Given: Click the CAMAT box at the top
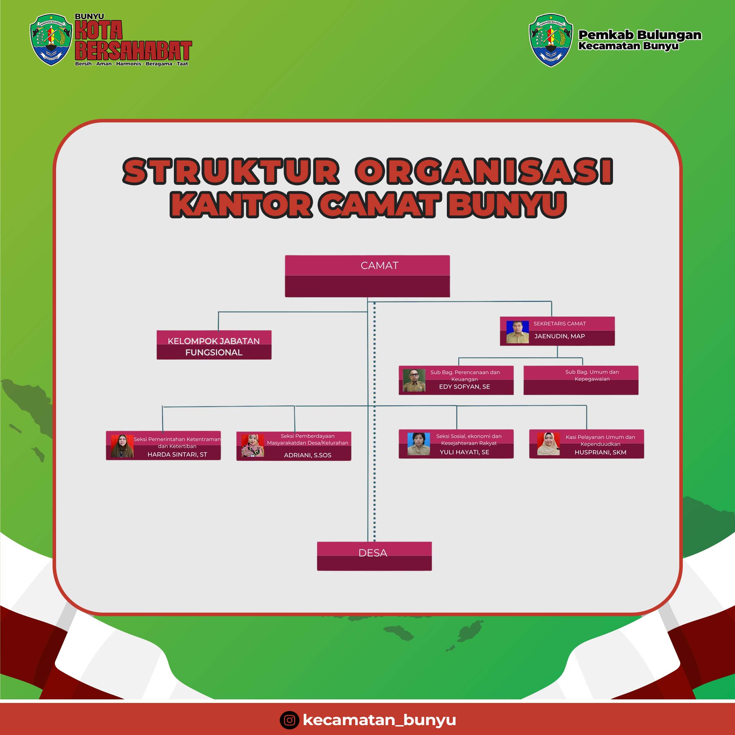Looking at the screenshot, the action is click(x=367, y=276).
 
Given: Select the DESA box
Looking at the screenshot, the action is click(x=374, y=556).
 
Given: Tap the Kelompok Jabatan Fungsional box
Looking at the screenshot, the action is click(x=214, y=345).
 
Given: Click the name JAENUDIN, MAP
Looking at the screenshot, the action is click(x=559, y=336).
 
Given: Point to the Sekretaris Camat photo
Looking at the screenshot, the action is click(x=517, y=332).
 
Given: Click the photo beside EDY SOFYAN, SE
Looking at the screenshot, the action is click(x=414, y=381).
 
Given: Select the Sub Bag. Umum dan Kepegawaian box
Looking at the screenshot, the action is click(x=581, y=380).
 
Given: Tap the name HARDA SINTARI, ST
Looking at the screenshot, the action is click(x=177, y=455).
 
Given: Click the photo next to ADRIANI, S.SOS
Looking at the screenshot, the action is click(x=253, y=445).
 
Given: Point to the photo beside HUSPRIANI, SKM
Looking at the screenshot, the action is click(x=548, y=444).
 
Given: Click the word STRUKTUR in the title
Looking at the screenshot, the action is click(x=231, y=171).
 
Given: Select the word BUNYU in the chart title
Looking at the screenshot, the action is click(x=506, y=205).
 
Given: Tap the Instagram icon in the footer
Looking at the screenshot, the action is click(x=290, y=720).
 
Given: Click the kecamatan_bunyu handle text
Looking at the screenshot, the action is click(x=379, y=720).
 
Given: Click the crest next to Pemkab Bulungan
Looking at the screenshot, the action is click(x=551, y=40).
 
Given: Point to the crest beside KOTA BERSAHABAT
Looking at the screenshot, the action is click(x=51, y=40).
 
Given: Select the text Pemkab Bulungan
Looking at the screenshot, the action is click(x=639, y=35).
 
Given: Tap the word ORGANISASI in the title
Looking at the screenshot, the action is click(x=484, y=171).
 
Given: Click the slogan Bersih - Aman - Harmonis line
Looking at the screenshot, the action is click(x=132, y=63).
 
